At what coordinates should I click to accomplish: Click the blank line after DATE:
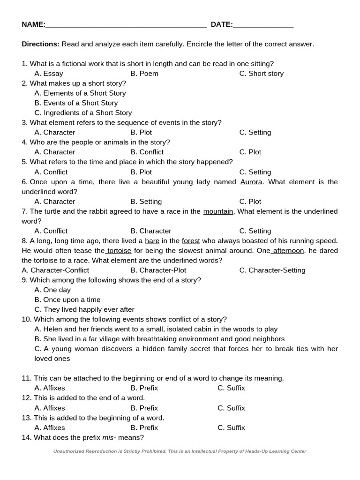point(263,25)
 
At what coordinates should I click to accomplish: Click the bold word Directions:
point(40,44)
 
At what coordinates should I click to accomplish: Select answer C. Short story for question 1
point(261,74)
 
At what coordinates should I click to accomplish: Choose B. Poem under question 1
point(144,74)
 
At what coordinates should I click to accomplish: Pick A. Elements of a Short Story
point(80,93)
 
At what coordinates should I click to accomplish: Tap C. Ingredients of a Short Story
point(83,113)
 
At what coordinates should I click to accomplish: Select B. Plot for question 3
point(141,133)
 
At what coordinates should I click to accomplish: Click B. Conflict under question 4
point(147,152)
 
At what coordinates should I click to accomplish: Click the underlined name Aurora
point(251,182)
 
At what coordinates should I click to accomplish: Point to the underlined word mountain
point(218,211)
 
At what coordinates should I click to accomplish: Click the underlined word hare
point(152,241)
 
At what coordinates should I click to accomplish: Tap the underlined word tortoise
point(119,251)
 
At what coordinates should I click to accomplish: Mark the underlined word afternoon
point(288,251)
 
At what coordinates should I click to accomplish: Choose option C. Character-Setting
point(272,270)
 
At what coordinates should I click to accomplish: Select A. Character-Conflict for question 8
point(55,270)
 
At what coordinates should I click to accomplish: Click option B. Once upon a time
point(67,300)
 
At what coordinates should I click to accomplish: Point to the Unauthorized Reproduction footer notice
point(180,451)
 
